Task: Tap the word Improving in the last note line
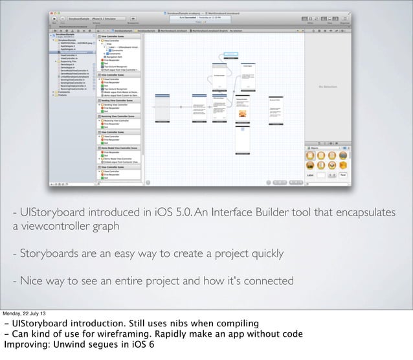point(25,346)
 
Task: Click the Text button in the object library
point(343,175)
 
